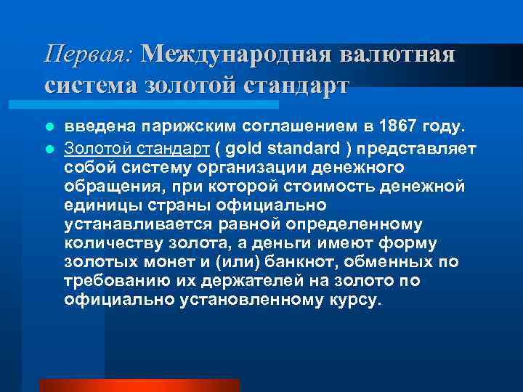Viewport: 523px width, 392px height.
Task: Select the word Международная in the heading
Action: (x=235, y=54)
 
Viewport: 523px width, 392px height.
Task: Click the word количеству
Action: (x=108, y=243)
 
